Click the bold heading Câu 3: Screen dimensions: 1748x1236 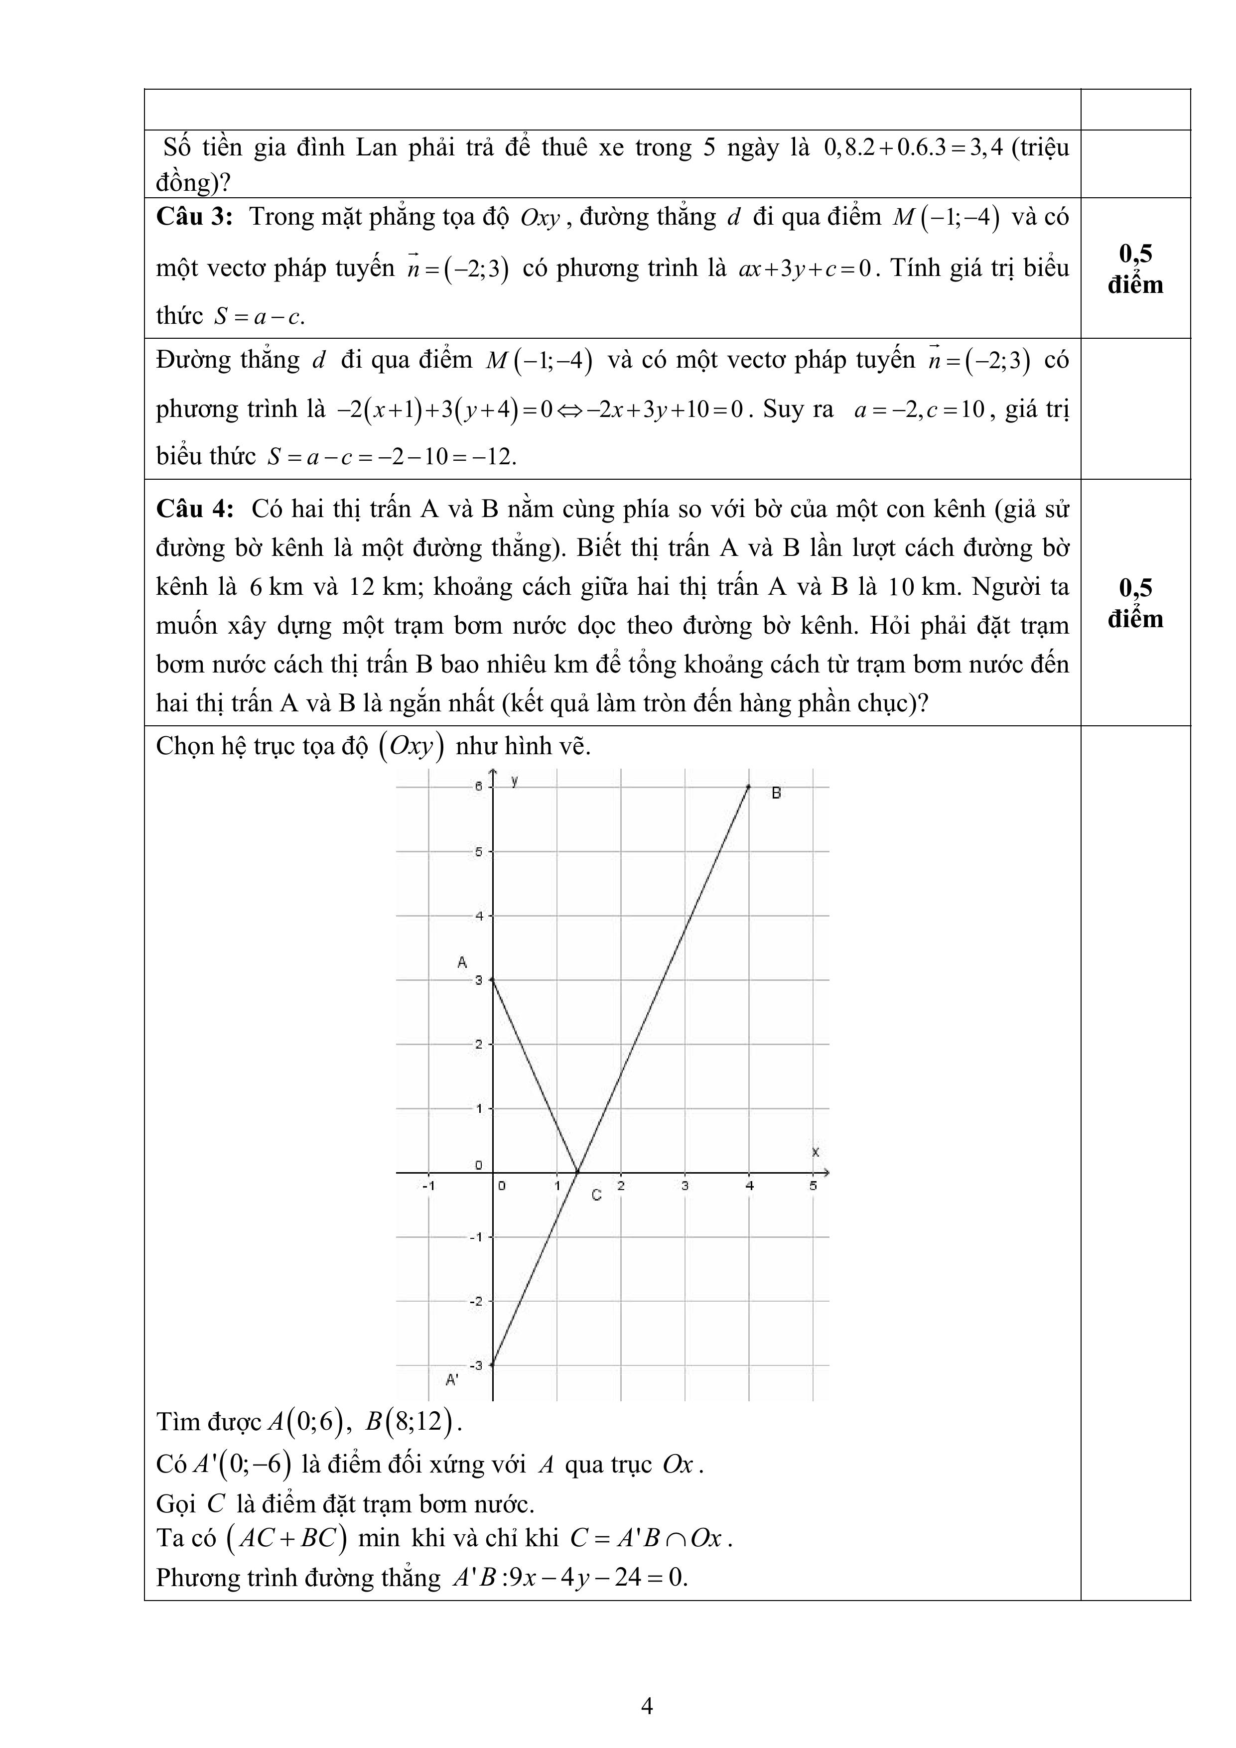coord(193,217)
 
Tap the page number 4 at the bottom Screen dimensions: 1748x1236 coord(647,1706)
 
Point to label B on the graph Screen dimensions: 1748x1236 coord(776,793)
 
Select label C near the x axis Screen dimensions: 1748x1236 coord(596,1195)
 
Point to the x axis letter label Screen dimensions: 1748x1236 coord(815,1153)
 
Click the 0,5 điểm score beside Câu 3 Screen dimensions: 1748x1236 coord(1135,269)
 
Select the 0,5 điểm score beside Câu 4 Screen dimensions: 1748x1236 coord(1135,603)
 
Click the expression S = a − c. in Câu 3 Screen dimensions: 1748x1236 coord(259,316)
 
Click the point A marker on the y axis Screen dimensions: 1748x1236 coord(493,980)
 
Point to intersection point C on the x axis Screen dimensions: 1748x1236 coord(578,1173)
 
